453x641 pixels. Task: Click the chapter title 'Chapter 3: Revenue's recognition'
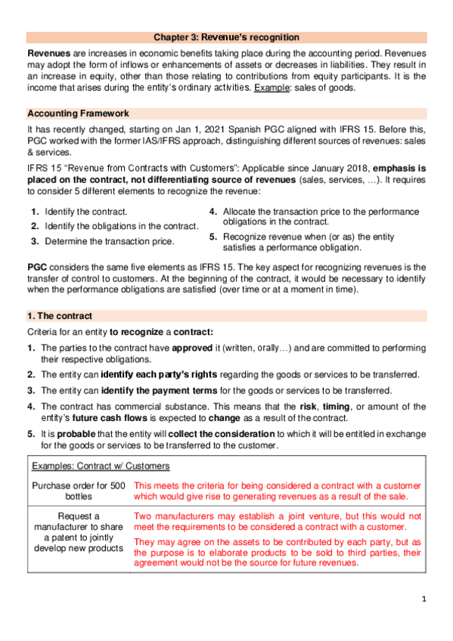[226, 36]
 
